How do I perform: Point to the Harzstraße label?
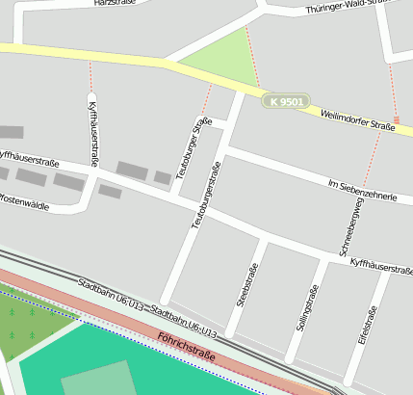113,3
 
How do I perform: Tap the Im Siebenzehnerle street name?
362,188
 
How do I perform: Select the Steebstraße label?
246,285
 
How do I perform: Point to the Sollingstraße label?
305,310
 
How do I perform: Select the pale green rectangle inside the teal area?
97,379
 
